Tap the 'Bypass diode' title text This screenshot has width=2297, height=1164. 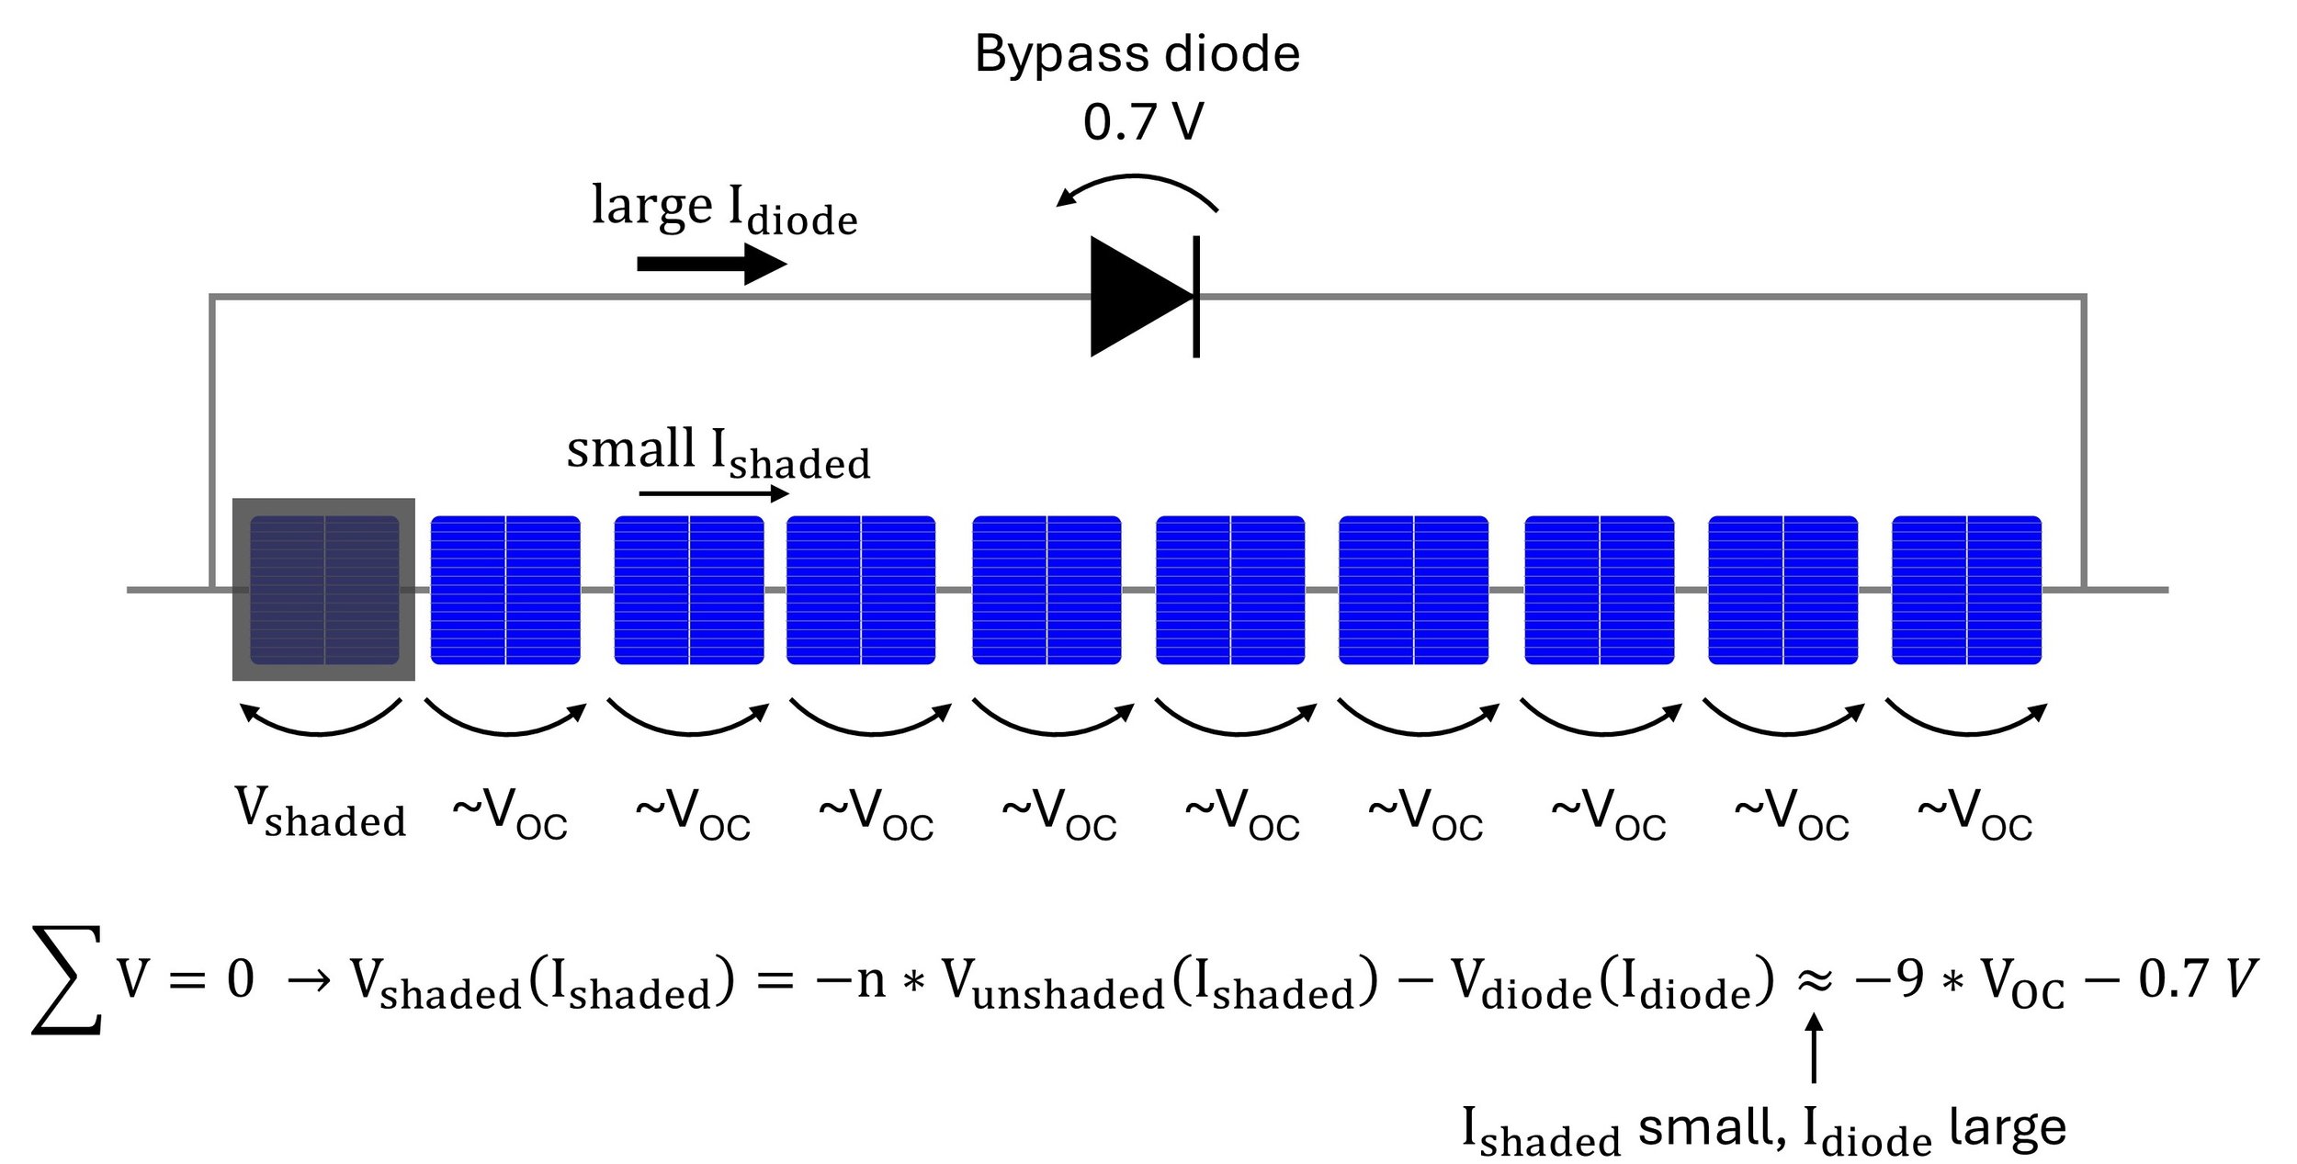click(1137, 53)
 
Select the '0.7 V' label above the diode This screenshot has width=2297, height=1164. click(1142, 122)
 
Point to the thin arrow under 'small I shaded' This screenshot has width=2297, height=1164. click(714, 493)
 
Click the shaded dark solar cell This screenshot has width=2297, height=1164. click(323, 590)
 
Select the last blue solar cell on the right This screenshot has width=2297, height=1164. click(1966, 590)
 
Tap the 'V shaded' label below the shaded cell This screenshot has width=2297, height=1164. click(320, 813)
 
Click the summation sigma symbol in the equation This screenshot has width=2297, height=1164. click(66, 980)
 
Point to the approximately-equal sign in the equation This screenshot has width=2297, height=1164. click(1815, 980)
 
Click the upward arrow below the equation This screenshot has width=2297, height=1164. click(1814, 1047)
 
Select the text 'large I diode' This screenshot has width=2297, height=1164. click(724, 209)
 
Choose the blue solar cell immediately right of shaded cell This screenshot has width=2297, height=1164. click(505, 590)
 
